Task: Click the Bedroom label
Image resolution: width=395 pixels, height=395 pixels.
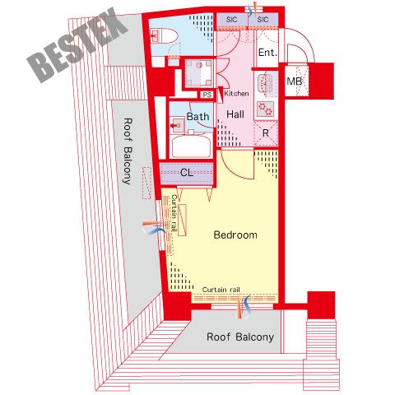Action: coord(235,235)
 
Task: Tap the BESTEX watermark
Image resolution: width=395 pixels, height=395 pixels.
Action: coord(77,44)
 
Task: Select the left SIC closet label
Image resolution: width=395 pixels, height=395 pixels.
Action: coord(232,20)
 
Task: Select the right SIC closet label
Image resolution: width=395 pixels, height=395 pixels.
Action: coord(263,20)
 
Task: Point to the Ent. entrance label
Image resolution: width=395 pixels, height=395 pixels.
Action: coord(267,53)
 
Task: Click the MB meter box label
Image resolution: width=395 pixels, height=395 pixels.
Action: coord(295,81)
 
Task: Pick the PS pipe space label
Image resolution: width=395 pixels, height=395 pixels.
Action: coord(207,95)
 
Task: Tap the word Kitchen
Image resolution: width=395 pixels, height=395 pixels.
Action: coord(236,94)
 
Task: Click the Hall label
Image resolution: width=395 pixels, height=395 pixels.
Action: coord(235,114)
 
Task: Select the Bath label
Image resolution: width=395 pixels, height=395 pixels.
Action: coord(197,117)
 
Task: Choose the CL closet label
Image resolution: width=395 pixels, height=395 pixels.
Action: coord(187,173)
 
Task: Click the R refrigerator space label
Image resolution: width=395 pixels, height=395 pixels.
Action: coord(266,133)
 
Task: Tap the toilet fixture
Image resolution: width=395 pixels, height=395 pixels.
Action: coord(164,36)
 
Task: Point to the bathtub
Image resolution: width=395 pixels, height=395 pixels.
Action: coord(191,146)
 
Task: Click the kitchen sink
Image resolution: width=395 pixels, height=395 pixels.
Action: coord(267,84)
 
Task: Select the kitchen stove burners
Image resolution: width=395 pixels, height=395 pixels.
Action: coord(266,109)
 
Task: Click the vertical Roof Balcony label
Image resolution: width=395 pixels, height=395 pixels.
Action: coord(128,151)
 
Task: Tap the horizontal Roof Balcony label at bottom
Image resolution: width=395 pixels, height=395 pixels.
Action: coord(240,337)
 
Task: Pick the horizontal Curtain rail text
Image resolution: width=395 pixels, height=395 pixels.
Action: coord(221,290)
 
